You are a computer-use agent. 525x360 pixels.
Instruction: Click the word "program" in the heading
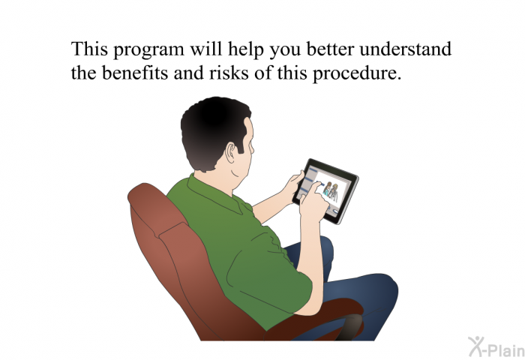click(x=148, y=50)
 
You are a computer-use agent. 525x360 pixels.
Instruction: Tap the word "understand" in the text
click(x=406, y=49)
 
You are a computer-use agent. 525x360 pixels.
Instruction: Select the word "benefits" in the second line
click(x=134, y=72)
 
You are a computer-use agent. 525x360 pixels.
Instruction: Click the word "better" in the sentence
click(x=330, y=49)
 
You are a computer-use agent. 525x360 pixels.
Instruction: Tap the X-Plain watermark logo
click(x=496, y=347)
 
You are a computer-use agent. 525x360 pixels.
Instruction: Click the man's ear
click(x=231, y=153)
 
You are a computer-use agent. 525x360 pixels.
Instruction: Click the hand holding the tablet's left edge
click(x=294, y=186)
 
